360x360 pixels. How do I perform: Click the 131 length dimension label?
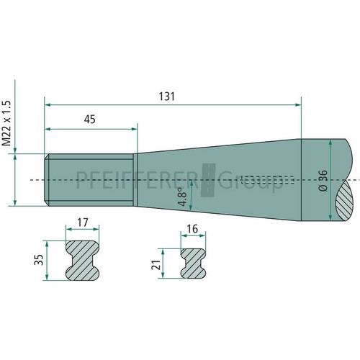[167, 96]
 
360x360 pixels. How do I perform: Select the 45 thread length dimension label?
[89, 120]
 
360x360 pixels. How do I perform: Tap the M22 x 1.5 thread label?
[6, 123]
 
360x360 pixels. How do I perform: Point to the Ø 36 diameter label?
[323, 181]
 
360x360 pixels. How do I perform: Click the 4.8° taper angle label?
[183, 197]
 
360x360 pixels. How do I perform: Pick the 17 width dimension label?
[83, 222]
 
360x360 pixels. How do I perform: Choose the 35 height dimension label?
[39, 260]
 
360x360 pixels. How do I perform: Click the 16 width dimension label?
[192, 229]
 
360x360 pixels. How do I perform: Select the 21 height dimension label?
[156, 265]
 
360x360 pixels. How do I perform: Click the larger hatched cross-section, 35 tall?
[82, 261]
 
